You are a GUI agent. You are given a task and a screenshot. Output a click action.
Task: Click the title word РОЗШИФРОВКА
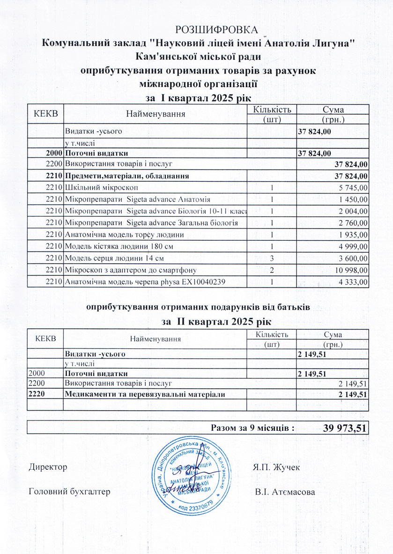point(216,30)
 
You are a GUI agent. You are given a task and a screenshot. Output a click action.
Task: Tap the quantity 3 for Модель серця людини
point(272,258)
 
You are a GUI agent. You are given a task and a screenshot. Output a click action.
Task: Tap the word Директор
point(48,467)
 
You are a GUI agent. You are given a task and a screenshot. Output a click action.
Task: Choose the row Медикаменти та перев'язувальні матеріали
point(145,395)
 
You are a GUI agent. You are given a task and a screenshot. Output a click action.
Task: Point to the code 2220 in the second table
point(37,395)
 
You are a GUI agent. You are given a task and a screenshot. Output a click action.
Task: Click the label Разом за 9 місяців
point(252,428)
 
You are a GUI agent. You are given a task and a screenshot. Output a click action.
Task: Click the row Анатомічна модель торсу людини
point(124,235)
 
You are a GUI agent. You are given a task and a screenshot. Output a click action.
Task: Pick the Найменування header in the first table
point(156,114)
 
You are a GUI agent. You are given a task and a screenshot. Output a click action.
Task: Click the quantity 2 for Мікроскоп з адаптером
point(272,270)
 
